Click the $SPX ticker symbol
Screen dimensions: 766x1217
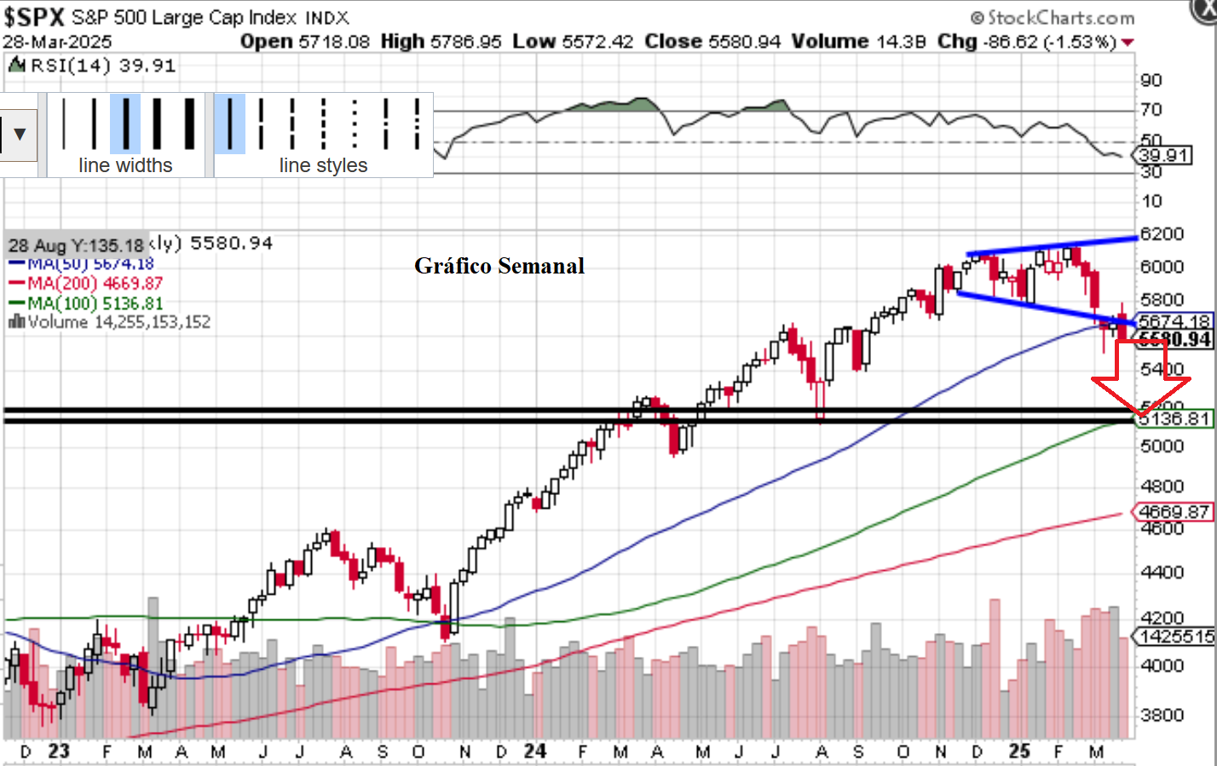click(x=34, y=16)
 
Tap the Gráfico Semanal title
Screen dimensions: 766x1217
click(x=499, y=266)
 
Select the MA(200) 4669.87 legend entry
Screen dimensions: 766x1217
click(x=94, y=284)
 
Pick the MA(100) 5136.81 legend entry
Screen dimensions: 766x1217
click(x=94, y=303)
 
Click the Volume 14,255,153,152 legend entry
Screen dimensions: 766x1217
click(x=111, y=322)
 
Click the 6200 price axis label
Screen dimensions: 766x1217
click(x=1162, y=233)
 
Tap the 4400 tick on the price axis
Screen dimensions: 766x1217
click(x=1162, y=572)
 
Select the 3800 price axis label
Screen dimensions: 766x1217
click(x=1162, y=715)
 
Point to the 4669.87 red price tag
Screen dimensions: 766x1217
click(x=1173, y=512)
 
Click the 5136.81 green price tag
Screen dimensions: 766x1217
click(x=1174, y=418)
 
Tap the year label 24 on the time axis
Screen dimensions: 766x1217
click(x=535, y=752)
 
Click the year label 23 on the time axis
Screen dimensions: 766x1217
click(x=59, y=752)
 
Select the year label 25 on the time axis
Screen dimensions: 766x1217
click(x=1019, y=752)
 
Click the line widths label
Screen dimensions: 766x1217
click(x=125, y=165)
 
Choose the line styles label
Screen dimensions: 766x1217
click(x=323, y=165)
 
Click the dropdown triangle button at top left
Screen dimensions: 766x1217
click(x=19, y=135)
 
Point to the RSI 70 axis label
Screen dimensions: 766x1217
click(x=1151, y=110)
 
